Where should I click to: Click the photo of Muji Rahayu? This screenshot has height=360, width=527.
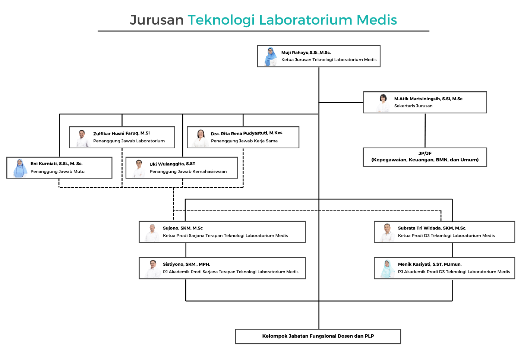coord(271,57)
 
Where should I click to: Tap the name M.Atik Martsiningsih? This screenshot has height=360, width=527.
coord(428,99)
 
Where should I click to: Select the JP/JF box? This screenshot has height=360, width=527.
coord(425,157)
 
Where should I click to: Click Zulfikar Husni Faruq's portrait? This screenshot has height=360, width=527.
coord(82,138)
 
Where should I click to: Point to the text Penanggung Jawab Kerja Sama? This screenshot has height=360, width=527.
coord(244,141)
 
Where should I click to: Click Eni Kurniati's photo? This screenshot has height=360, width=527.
coord(20,168)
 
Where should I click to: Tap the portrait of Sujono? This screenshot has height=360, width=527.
coord(152,233)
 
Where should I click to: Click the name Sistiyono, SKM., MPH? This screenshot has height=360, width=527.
coord(186,264)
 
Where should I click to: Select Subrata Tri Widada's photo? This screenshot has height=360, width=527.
coord(387,233)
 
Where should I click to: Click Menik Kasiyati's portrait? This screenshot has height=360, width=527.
coord(387,269)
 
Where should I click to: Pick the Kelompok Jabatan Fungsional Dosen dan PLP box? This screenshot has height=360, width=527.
coord(318,336)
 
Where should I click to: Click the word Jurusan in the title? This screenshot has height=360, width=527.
coord(157,20)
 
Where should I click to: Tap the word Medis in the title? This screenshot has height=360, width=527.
coord(377,20)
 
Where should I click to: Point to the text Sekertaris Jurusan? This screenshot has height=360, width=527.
coord(413,106)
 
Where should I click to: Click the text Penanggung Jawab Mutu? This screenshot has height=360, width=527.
coord(57,171)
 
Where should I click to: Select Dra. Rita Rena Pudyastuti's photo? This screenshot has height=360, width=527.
coord(201,138)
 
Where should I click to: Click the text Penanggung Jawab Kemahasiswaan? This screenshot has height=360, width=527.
coord(188,171)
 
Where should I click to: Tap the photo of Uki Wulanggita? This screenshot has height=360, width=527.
coord(139,168)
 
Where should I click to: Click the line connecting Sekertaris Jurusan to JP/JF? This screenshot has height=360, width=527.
coord(425,130)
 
